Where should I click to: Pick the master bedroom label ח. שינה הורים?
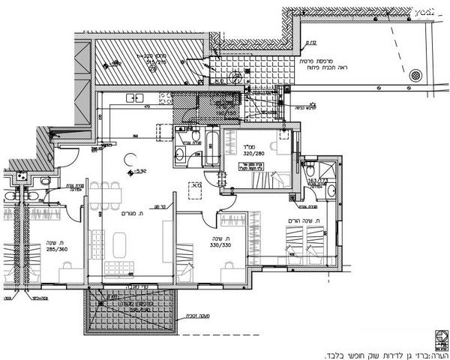305,221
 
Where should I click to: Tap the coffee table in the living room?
121,244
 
